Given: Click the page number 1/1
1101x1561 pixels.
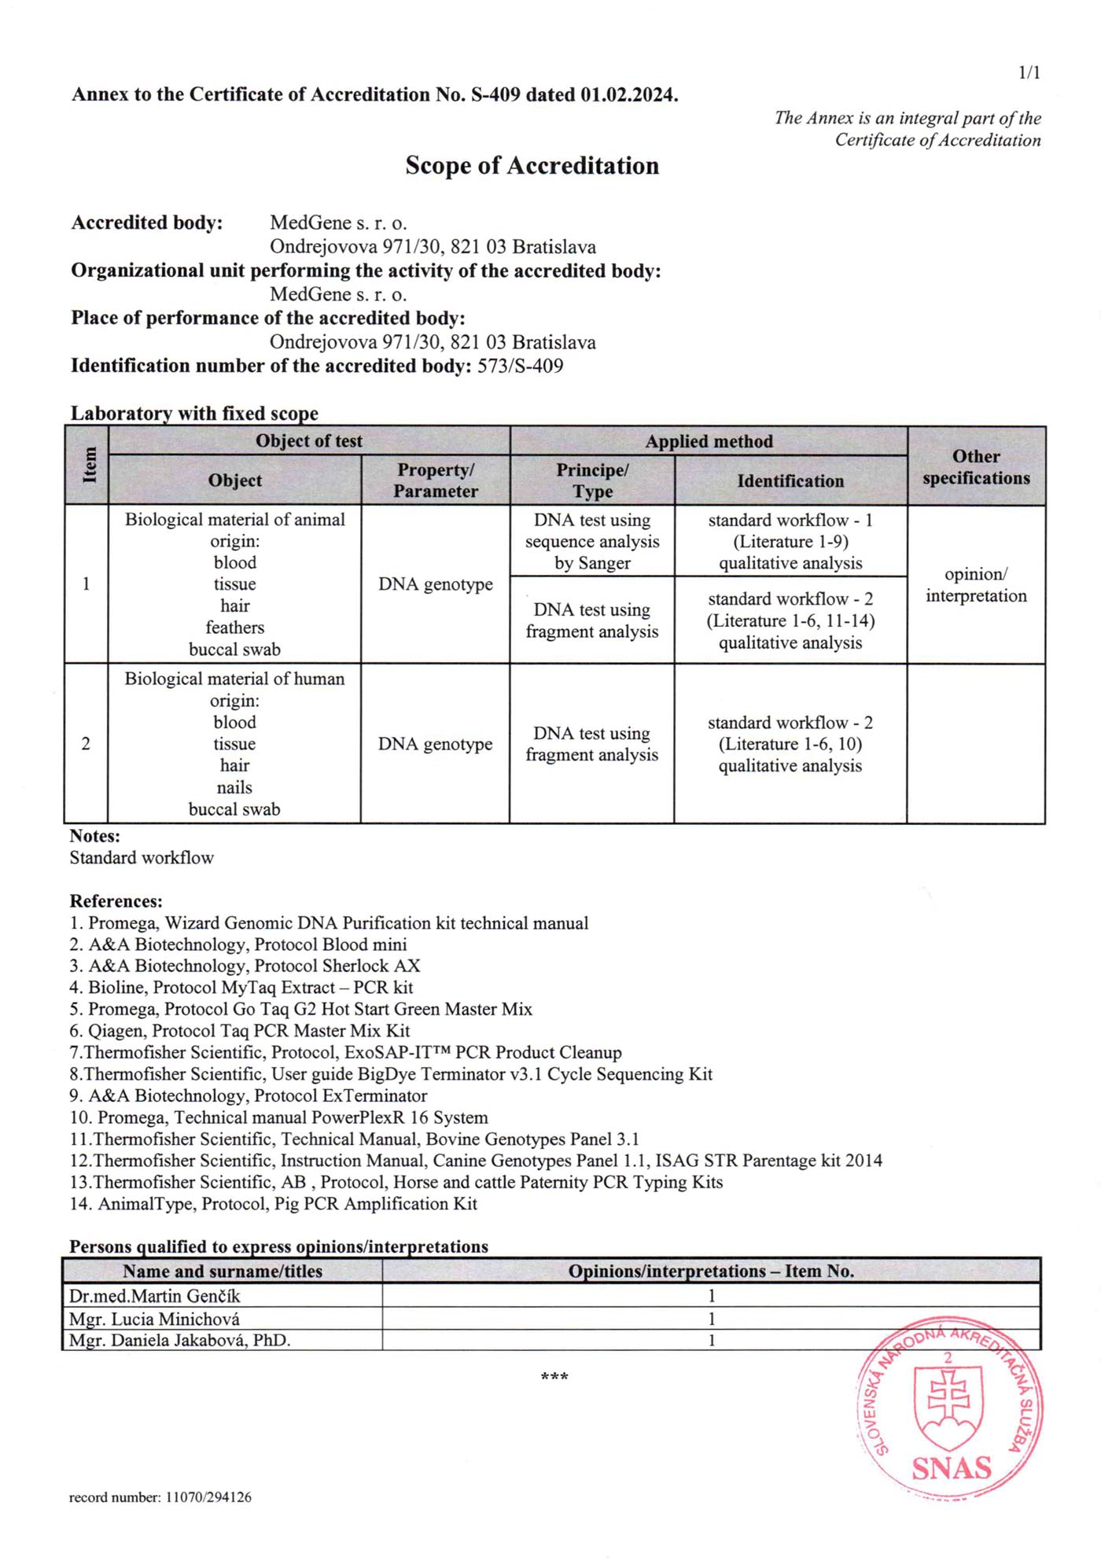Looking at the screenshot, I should coord(1029,73).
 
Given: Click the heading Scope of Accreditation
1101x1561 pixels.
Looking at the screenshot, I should coord(532,166).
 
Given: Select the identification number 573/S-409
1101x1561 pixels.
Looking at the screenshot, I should coord(520,366).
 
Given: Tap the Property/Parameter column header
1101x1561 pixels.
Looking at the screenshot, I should coord(436,480).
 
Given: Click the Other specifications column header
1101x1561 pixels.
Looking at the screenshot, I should coord(976,467).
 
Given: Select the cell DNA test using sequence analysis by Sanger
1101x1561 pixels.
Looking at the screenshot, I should coord(592,542).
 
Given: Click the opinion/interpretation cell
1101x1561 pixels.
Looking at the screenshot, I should coord(976,585).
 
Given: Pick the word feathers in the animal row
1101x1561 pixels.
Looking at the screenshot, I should coord(234,628).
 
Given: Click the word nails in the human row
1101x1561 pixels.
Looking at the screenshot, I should coord(234,787).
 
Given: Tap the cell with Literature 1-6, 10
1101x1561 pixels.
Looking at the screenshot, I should coord(790,744).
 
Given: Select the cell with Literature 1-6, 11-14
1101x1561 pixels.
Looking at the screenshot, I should coord(790,620).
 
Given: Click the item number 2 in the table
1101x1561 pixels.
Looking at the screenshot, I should coord(86,744).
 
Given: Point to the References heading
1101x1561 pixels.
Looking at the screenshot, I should coord(116,901).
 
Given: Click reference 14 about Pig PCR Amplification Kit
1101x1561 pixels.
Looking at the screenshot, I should coord(273,1204).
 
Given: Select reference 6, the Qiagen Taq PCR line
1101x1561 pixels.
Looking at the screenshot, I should coord(240,1031).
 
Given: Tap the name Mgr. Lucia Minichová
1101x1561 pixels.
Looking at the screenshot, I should coord(154,1319).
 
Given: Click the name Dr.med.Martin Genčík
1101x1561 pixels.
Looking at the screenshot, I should coord(154,1296).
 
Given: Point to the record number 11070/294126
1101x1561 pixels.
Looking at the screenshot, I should coord(160,1497).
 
